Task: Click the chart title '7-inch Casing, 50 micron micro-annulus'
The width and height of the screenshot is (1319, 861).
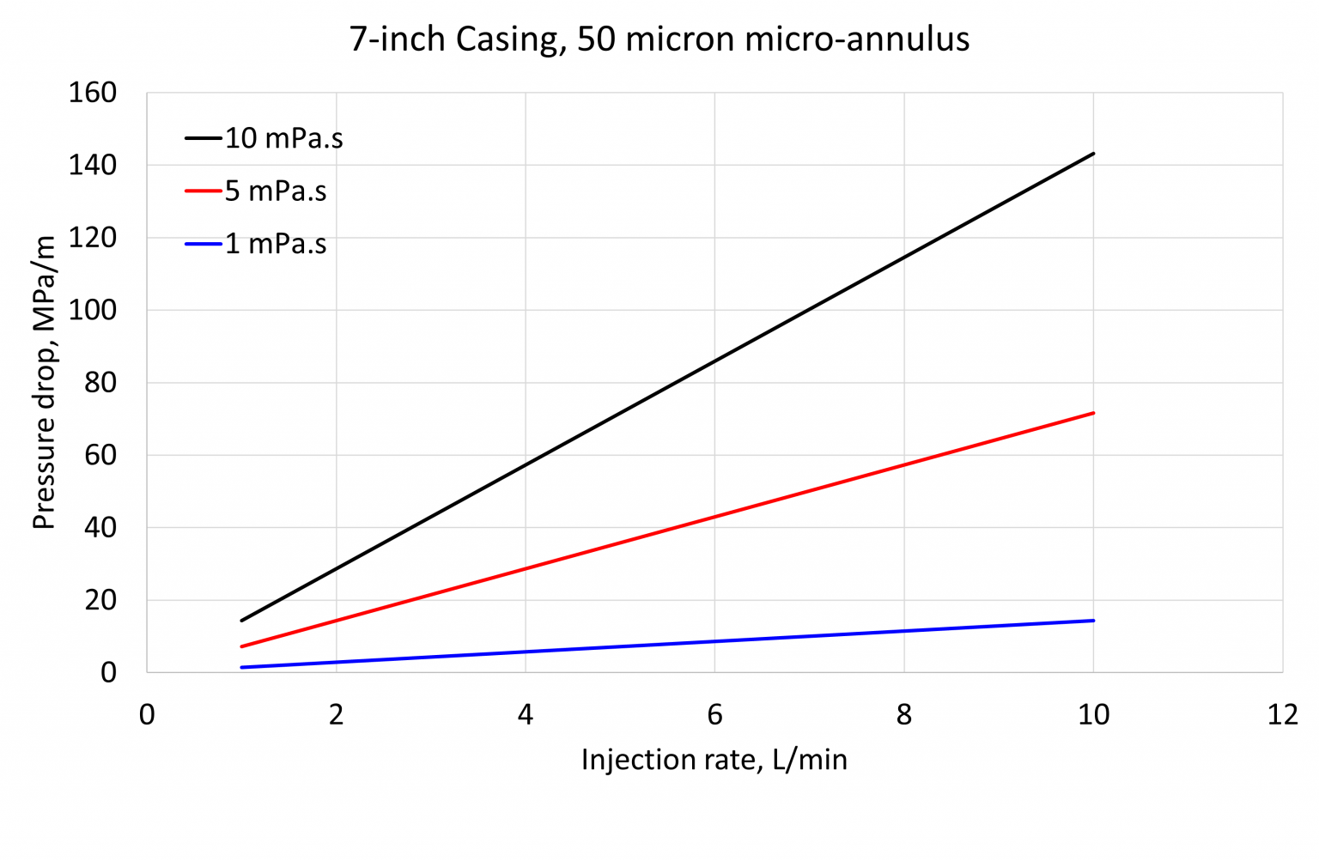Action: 659,39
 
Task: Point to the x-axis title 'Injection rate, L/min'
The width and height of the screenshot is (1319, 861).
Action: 714,760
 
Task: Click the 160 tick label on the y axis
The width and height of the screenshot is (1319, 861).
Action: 92,93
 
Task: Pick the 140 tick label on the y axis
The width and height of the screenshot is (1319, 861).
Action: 92,165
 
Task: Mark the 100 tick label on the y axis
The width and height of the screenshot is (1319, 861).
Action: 92,310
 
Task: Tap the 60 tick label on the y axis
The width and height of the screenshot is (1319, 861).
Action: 100,455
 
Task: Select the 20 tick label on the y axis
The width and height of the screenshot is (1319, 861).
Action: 100,600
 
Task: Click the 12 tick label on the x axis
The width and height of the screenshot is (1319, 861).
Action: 1282,715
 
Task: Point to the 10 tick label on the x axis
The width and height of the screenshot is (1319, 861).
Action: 1093,715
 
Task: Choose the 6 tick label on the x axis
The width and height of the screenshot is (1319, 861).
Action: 714,715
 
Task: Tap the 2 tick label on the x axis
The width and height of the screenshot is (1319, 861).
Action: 336,715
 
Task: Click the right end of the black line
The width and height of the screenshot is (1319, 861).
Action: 1093,154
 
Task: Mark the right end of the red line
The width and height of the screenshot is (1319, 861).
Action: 1093,413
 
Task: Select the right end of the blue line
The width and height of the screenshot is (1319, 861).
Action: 1093,621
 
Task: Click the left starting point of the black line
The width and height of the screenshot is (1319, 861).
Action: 242,621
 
